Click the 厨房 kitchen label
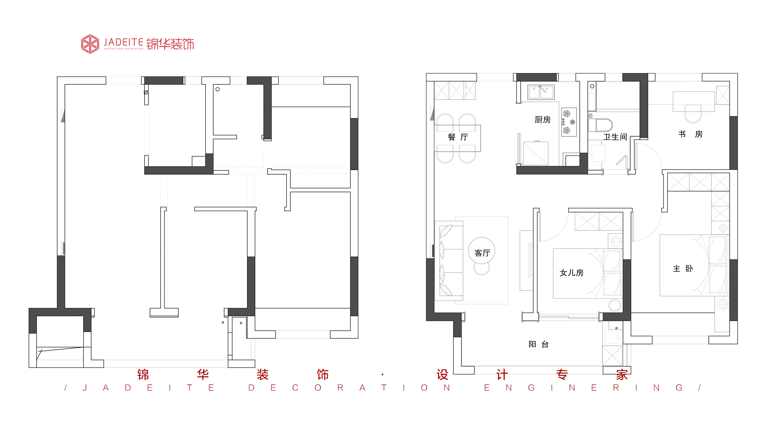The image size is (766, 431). point(543,120)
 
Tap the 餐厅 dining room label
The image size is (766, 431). point(458,137)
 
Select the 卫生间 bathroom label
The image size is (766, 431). point(615,137)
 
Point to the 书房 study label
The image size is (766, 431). point(690,134)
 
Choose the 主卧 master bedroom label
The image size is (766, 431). point(683,269)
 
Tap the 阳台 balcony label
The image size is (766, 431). point(538,344)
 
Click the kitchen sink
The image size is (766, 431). point(541,92)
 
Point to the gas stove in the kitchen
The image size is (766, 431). point(569,122)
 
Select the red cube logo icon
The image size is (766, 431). point(90,44)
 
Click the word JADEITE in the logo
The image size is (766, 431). point(123,42)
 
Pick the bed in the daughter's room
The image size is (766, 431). point(587,273)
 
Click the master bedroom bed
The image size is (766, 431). point(694,265)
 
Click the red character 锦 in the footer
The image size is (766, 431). point(143,375)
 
